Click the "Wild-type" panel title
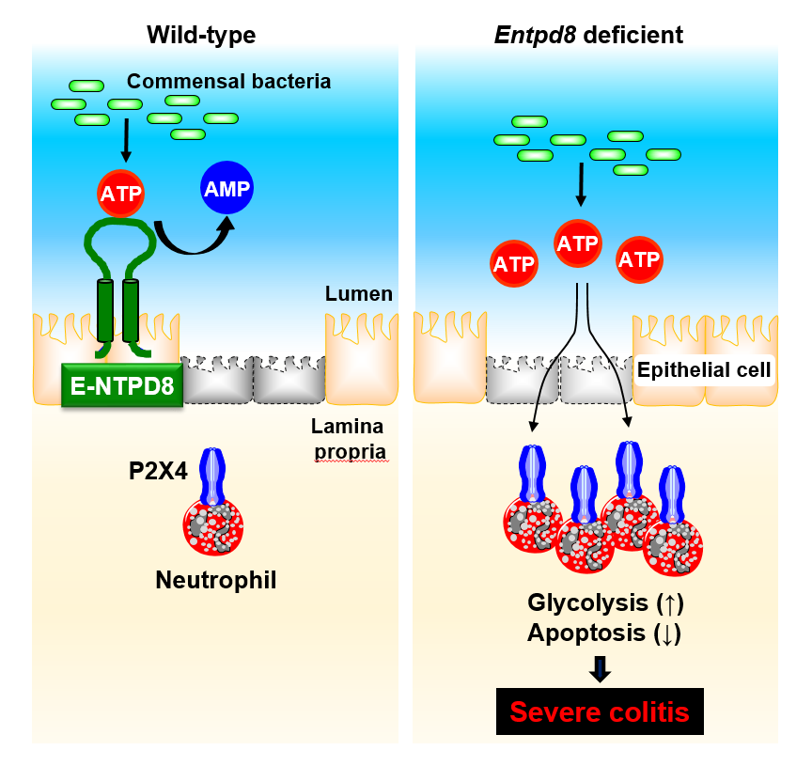(201, 36)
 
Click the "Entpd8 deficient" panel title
(588, 36)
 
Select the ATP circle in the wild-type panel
(121, 195)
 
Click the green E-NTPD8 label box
(122, 385)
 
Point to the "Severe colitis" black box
(601, 711)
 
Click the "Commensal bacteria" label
(228, 81)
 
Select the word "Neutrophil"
(216, 579)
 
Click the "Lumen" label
(359, 294)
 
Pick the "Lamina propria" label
(349, 439)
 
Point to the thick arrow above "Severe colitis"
(601, 667)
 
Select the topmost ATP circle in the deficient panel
(578, 243)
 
